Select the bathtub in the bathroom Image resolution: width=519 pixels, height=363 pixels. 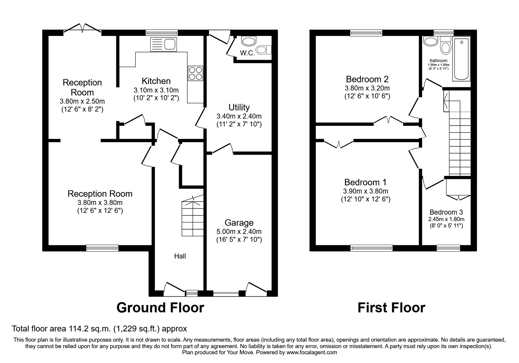462,59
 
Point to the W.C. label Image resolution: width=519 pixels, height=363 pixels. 247,53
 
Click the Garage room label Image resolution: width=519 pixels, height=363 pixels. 239,223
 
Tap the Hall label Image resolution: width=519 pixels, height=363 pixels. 180,256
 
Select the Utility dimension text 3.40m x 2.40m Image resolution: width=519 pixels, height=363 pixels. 239,116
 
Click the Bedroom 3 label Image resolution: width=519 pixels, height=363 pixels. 446,212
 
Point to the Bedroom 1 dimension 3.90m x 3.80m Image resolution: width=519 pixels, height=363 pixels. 365,191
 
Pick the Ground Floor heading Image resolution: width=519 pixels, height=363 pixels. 160,308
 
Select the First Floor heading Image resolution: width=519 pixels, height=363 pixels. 391,308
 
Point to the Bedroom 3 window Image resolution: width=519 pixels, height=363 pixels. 448,248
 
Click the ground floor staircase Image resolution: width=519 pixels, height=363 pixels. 193,218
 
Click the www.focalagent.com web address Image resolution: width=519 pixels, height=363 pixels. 312,352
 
